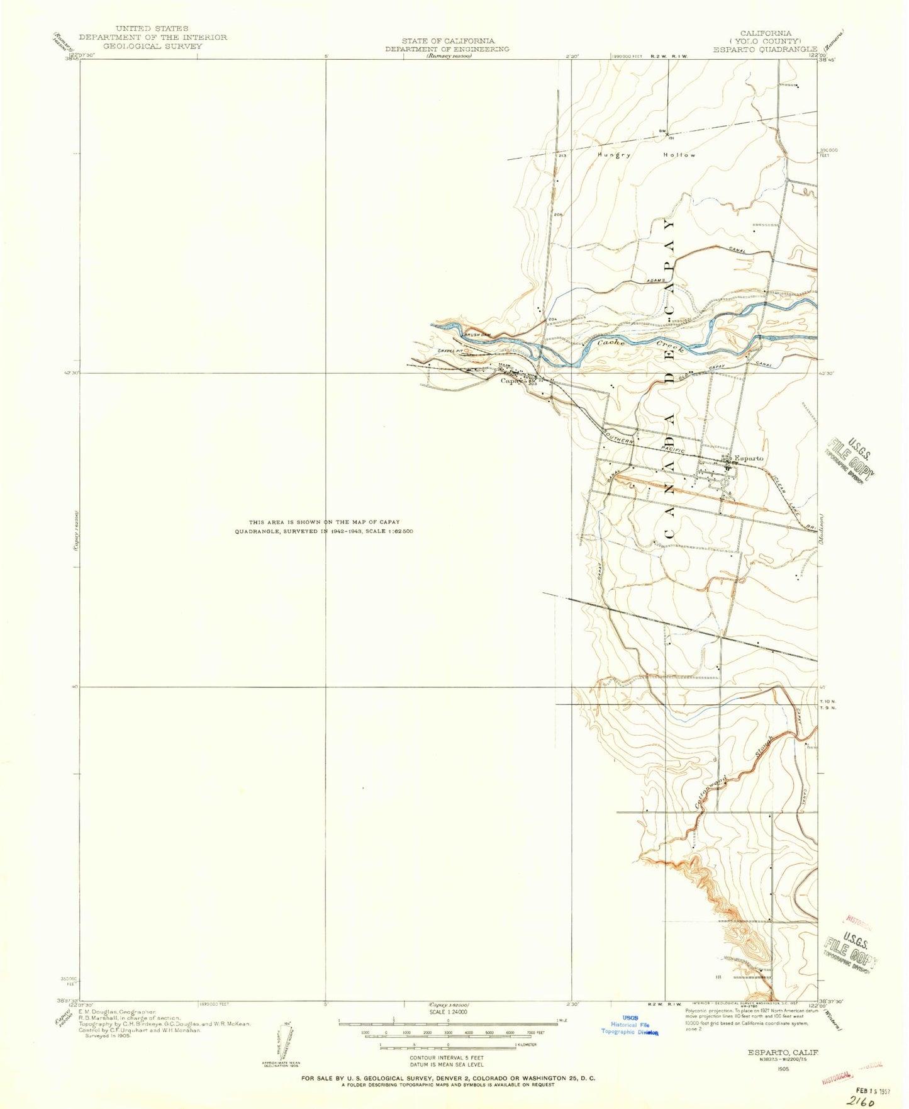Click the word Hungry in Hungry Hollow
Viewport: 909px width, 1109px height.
click(614, 154)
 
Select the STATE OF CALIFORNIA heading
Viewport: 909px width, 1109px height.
click(448, 41)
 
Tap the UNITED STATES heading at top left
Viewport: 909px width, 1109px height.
click(152, 29)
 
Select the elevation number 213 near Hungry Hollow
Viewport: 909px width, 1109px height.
click(562, 155)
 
